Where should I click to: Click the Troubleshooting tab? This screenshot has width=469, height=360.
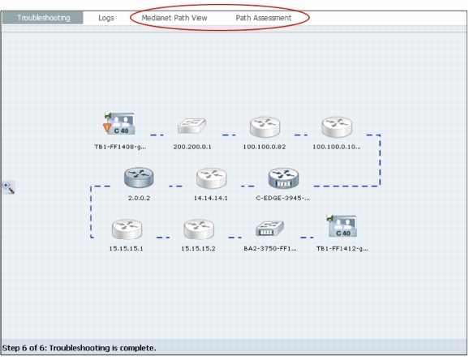coord(43,18)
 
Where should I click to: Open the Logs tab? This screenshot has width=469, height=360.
coord(106,18)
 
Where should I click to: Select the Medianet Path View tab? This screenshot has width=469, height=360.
coord(174,18)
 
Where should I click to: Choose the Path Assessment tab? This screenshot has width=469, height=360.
coord(264,18)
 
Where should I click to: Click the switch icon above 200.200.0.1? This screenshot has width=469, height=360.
coord(191,126)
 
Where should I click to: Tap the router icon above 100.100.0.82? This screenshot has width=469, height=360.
coord(265,127)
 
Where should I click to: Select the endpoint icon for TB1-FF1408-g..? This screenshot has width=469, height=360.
coord(119,123)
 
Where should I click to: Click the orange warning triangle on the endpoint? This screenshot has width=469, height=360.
coord(107,127)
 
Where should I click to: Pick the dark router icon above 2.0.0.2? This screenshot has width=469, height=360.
coord(139,178)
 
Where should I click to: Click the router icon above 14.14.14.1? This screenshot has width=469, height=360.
coord(212,178)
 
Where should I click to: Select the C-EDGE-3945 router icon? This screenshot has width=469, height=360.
coord(283,178)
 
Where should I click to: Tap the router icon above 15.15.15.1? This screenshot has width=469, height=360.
coord(127,229)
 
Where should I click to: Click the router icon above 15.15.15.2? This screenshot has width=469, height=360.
coord(199,229)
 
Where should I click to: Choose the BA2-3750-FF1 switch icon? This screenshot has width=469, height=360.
coord(269,229)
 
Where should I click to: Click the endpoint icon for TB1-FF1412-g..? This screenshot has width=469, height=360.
coord(342,226)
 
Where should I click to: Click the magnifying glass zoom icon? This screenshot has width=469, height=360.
coord(8,187)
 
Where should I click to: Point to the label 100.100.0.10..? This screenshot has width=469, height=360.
coord(337,147)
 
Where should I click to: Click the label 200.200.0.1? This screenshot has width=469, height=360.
coord(192,147)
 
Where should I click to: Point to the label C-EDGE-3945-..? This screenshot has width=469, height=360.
coord(283,198)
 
